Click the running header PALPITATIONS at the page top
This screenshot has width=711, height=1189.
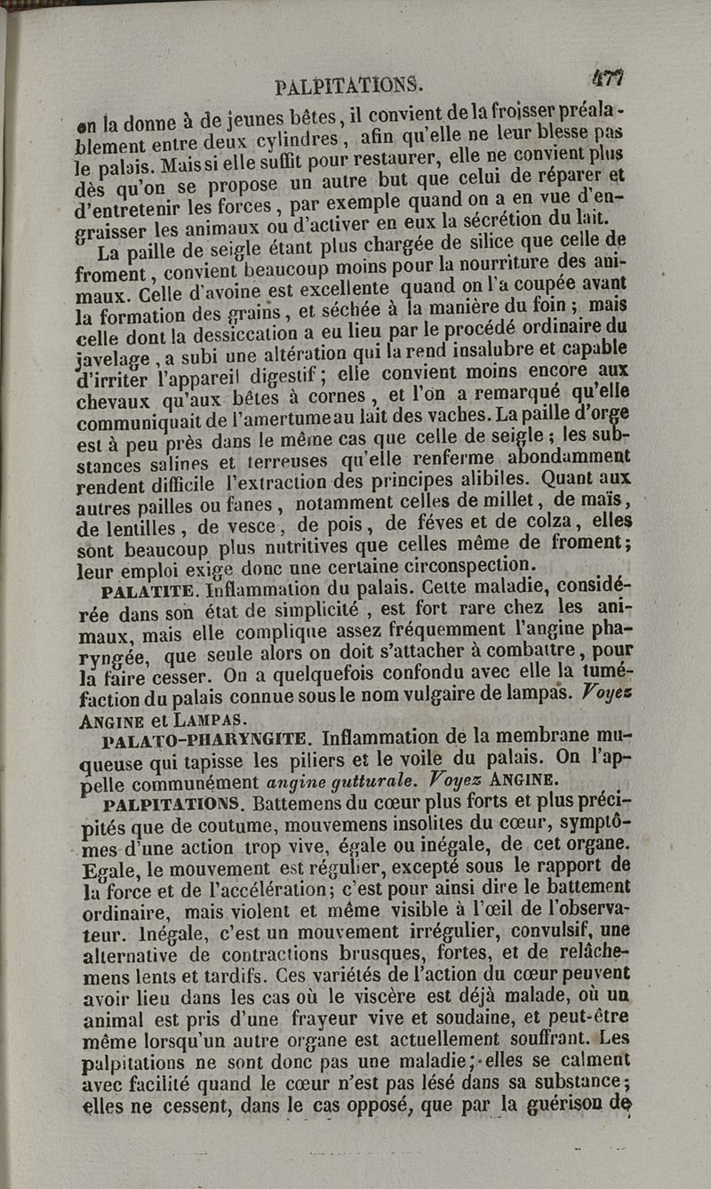pyautogui.click(x=348, y=86)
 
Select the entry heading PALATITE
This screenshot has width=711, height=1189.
pyautogui.click(x=150, y=589)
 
